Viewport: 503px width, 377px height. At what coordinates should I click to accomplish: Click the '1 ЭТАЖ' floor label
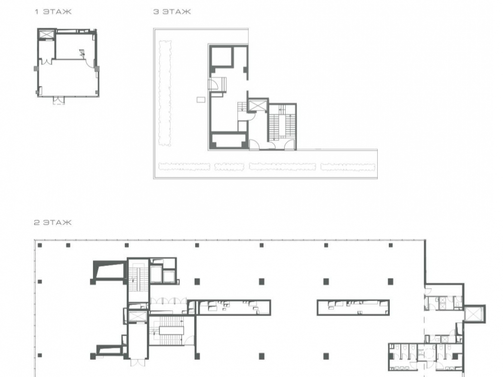pyautogui.click(x=53, y=12)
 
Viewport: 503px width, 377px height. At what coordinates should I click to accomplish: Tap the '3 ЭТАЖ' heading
pyautogui.click(x=172, y=12)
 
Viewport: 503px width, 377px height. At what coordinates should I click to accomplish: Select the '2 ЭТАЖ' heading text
pyautogui.click(x=53, y=223)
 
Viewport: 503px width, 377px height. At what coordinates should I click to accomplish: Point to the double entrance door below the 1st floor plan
pyautogui.click(x=58, y=101)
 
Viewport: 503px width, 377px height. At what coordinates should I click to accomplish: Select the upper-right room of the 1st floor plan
pyautogui.click(x=75, y=46)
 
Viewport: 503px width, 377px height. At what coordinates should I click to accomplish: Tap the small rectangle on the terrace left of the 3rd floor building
pyautogui.click(x=201, y=100)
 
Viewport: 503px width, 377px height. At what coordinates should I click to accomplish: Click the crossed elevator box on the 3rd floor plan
pyautogui.click(x=258, y=105)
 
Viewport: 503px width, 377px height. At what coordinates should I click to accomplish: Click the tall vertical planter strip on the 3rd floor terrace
pyautogui.click(x=165, y=93)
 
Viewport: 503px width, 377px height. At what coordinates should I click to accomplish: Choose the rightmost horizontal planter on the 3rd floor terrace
pyautogui.click(x=348, y=167)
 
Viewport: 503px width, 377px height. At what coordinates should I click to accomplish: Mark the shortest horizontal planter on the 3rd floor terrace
pyautogui.click(x=229, y=167)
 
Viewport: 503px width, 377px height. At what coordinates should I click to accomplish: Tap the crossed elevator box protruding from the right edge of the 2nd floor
pyautogui.click(x=474, y=314)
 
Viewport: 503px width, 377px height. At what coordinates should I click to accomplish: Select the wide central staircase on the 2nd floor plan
pyautogui.click(x=172, y=331)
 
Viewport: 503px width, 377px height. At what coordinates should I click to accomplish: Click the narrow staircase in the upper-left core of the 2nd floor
pyautogui.click(x=139, y=279)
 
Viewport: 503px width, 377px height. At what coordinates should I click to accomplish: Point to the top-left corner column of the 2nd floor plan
pyautogui.click(x=40, y=245)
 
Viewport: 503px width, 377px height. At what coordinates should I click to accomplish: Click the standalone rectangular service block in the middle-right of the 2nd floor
pyautogui.click(x=353, y=308)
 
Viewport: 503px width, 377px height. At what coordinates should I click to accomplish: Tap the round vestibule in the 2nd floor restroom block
pyautogui.click(x=427, y=353)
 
